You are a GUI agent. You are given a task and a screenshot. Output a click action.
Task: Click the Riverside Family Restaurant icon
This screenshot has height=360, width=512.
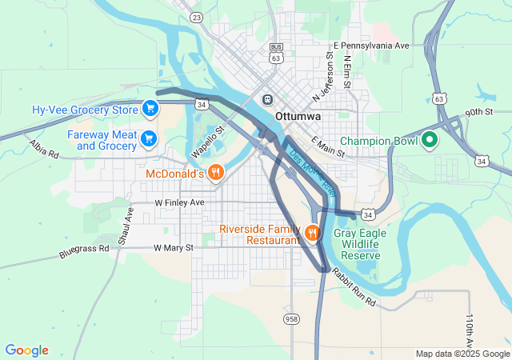[x=312, y=233]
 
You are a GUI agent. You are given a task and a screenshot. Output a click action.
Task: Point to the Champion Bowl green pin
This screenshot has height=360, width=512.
[x=429, y=141]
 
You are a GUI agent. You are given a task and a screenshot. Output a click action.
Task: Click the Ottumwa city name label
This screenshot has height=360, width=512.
[x=298, y=116]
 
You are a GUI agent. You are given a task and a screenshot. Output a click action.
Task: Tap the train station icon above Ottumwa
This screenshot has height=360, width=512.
[x=267, y=99]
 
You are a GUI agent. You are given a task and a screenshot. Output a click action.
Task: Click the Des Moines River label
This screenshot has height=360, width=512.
[x=312, y=172]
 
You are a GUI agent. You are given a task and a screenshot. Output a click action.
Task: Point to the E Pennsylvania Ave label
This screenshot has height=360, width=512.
[x=371, y=46]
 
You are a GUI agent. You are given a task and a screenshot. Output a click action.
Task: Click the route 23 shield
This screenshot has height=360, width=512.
[x=197, y=17]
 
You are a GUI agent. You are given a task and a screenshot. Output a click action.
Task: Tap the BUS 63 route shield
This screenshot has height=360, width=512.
[x=276, y=54]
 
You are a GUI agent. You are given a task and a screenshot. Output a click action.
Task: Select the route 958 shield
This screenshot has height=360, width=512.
[x=291, y=318]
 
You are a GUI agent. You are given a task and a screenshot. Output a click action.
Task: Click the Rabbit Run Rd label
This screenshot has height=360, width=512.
[x=353, y=286]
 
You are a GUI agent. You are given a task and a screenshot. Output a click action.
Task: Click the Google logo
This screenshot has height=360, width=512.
[x=26, y=350]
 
